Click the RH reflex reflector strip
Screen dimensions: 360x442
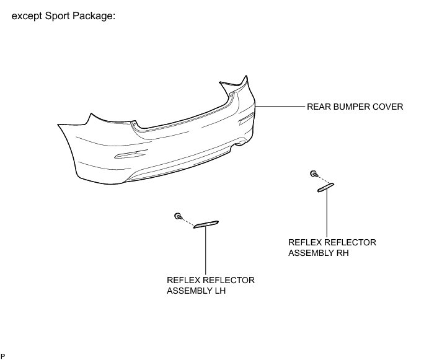[325, 187]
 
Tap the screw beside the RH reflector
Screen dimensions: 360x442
[314, 174]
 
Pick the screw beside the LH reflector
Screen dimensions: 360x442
[179, 216]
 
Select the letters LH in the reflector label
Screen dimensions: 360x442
[218, 290]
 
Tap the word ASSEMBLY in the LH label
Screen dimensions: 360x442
[188, 290]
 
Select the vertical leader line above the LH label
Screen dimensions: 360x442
[205, 251]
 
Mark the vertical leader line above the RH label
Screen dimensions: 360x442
[326, 214]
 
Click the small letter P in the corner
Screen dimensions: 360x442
[3, 355]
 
